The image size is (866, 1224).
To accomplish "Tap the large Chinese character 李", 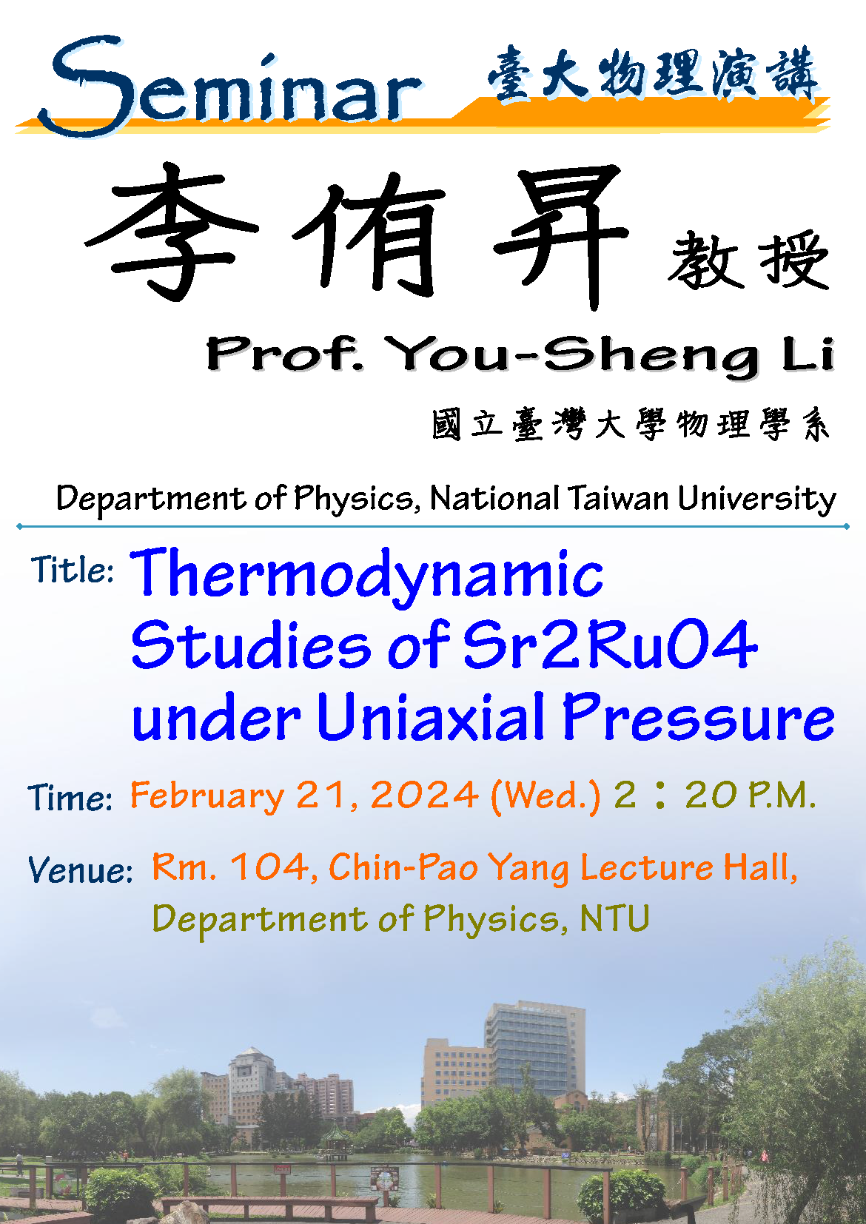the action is pos(171,232).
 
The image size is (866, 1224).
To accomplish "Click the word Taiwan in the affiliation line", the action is pos(618,498).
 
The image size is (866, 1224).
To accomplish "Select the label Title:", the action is pos(72,570).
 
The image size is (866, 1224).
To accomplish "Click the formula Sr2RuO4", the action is pos(611,645).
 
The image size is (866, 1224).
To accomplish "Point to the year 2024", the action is pos(425,795).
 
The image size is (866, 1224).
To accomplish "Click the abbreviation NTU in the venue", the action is pos(614,918).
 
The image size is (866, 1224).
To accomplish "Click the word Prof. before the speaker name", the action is pos(285,354).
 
